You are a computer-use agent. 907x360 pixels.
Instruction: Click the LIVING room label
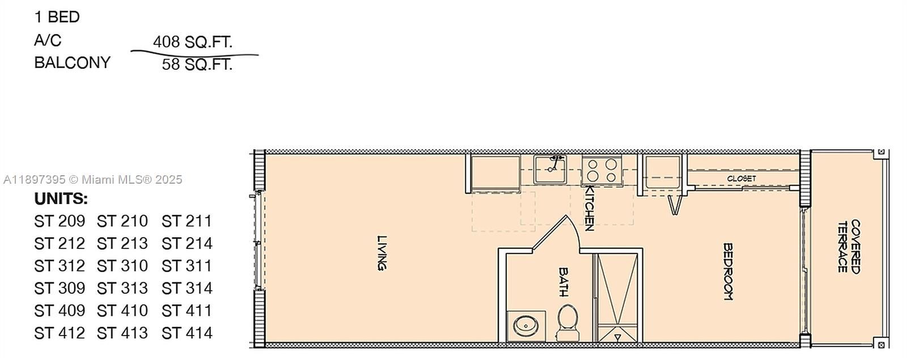pyautogui.click(x=383, y=253)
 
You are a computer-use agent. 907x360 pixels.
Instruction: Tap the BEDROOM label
pyautogui.click(x=728, y=272)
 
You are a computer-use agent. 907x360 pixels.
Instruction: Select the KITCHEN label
pyautogui.click(x=588, y=208)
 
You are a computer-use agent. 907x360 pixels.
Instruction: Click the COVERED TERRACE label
pyautogui.click(x=849, y=246)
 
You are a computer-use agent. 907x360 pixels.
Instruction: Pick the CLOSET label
pyautogui.click(x=741, y=178)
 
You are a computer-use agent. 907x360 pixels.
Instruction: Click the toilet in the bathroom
pyautogui.click(x=567, y=321)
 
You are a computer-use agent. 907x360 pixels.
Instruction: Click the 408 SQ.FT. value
pyautogui.click(x=193, y=41)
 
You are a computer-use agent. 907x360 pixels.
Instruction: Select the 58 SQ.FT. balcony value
pyautogui.click(x=197, y=64)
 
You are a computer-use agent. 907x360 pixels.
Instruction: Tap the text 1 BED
pyautogui.click(x=57, y=17)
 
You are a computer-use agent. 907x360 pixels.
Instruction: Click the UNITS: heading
pyautogui.click(x=61, y=199)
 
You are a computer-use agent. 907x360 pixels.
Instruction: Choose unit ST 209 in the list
pyautogui.click(x=60, y=221)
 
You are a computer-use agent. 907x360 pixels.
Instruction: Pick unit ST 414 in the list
pyautogui.click(x=187, y=333)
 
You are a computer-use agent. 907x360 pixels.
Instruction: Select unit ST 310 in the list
pyautogui.click(x=122, y=265)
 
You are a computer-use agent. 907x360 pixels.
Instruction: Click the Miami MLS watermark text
pyautogui.click(x=92, y=180)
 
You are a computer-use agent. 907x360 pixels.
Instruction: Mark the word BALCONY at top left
pyautogui.click(x=72, y=62)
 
